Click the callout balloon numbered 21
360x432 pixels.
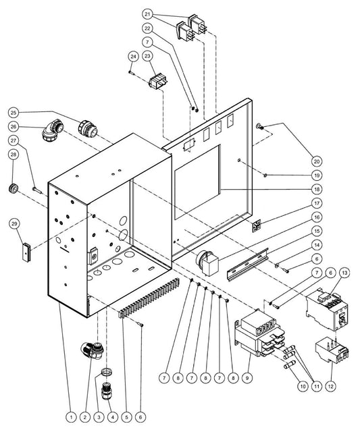147,14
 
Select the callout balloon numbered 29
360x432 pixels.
14,223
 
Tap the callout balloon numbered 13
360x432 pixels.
344,273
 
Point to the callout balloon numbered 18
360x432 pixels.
317,189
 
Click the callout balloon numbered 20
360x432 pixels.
317,161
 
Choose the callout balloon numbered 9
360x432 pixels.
247,378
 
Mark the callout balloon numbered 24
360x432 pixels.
134,57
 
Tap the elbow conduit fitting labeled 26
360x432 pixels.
52,130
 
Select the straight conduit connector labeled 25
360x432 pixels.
87,129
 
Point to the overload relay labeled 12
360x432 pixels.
332,350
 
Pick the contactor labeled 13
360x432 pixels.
327,309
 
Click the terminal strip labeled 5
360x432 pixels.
149,298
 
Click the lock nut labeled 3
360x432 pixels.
106,372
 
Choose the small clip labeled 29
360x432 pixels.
26,251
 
